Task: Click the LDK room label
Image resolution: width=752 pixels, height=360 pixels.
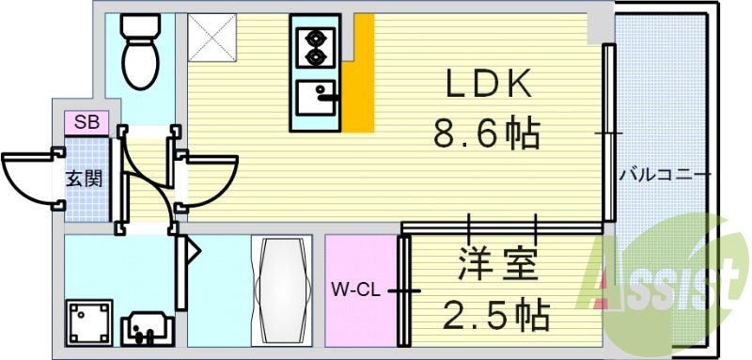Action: click(488, 86)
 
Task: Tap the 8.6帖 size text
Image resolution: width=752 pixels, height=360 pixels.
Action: click(486, 134)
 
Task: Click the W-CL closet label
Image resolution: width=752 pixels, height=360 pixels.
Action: click(354, 290)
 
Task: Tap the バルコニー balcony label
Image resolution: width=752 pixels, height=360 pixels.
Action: click(665, 175)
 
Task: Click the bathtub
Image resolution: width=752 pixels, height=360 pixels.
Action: click(282, 290)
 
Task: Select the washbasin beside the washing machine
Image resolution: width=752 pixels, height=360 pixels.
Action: click(148, 325)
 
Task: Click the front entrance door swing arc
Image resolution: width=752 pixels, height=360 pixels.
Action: click(28, 179)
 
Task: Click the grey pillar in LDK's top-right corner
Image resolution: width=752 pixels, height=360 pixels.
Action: click(599, 28)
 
